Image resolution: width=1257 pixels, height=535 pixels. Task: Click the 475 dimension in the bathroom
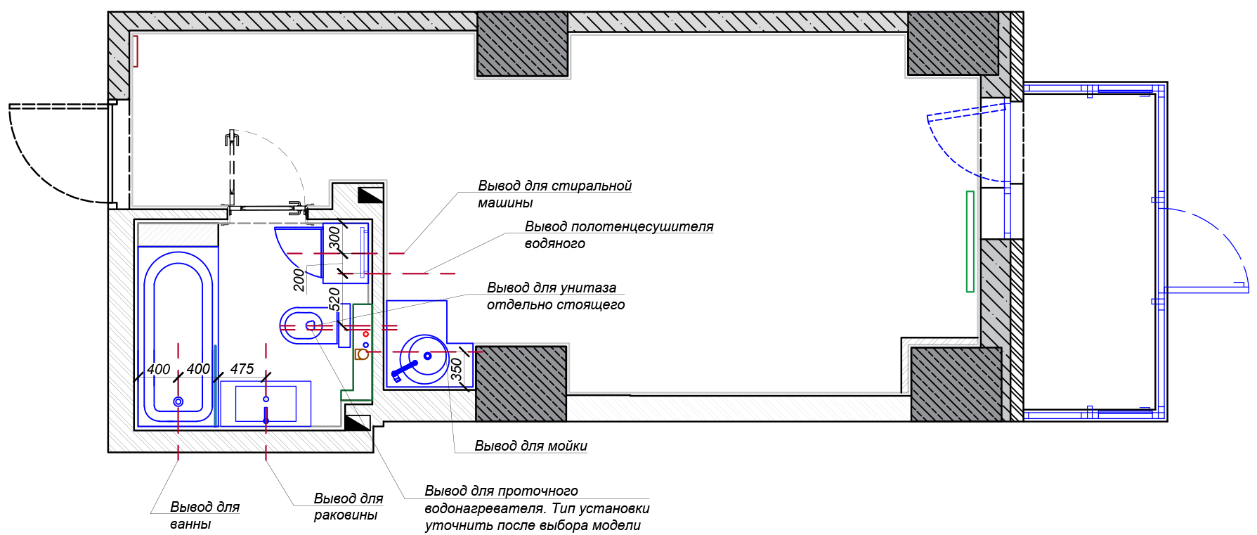pos(242,369)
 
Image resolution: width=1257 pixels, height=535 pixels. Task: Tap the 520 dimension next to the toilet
pos(334,298)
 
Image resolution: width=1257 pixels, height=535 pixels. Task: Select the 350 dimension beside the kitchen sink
pos(457,369)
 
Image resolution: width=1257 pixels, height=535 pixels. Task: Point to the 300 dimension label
pos(334,236)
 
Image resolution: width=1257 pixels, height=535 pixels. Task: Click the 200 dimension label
pos(299,280)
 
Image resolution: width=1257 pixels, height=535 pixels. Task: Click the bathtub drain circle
pos(178,401)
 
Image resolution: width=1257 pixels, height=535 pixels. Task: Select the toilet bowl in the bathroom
pos(300,325)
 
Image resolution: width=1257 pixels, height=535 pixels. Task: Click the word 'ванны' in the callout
pos(190,524)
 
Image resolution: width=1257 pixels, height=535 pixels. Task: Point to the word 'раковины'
pos(345,515)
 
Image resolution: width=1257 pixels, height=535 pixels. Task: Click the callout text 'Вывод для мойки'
pos(530,446)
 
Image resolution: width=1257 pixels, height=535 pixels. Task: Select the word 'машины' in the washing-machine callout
pos(505,203)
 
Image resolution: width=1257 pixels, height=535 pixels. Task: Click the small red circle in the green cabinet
pos(365,335)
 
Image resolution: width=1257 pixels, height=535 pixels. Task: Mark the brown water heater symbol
pos(362,354)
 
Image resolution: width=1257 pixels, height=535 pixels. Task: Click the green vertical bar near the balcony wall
pos(970,241)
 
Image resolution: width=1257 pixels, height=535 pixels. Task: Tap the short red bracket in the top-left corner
pos(136,51)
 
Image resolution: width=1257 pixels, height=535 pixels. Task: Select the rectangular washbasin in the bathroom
pos(266,404)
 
